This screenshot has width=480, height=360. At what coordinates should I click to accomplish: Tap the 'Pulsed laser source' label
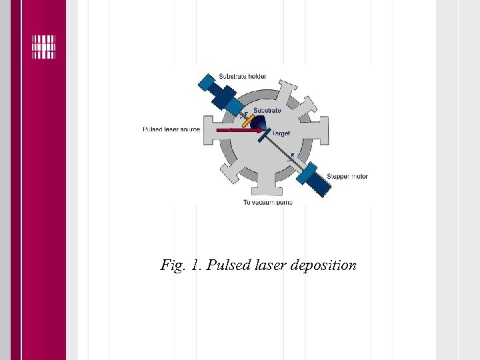coord(171,129)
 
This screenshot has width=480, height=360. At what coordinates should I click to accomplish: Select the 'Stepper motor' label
coord(347,177)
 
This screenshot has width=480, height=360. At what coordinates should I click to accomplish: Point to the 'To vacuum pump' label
coord(267,202)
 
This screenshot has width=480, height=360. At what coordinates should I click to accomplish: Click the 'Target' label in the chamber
coord(281,134)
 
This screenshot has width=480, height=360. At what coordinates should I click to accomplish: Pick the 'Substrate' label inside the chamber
coord(267,110)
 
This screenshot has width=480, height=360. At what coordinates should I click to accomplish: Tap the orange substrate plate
coord(247,121)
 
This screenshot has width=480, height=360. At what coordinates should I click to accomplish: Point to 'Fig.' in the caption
coord(171,265)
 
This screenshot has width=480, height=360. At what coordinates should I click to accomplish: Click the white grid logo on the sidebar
coord(44,46)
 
